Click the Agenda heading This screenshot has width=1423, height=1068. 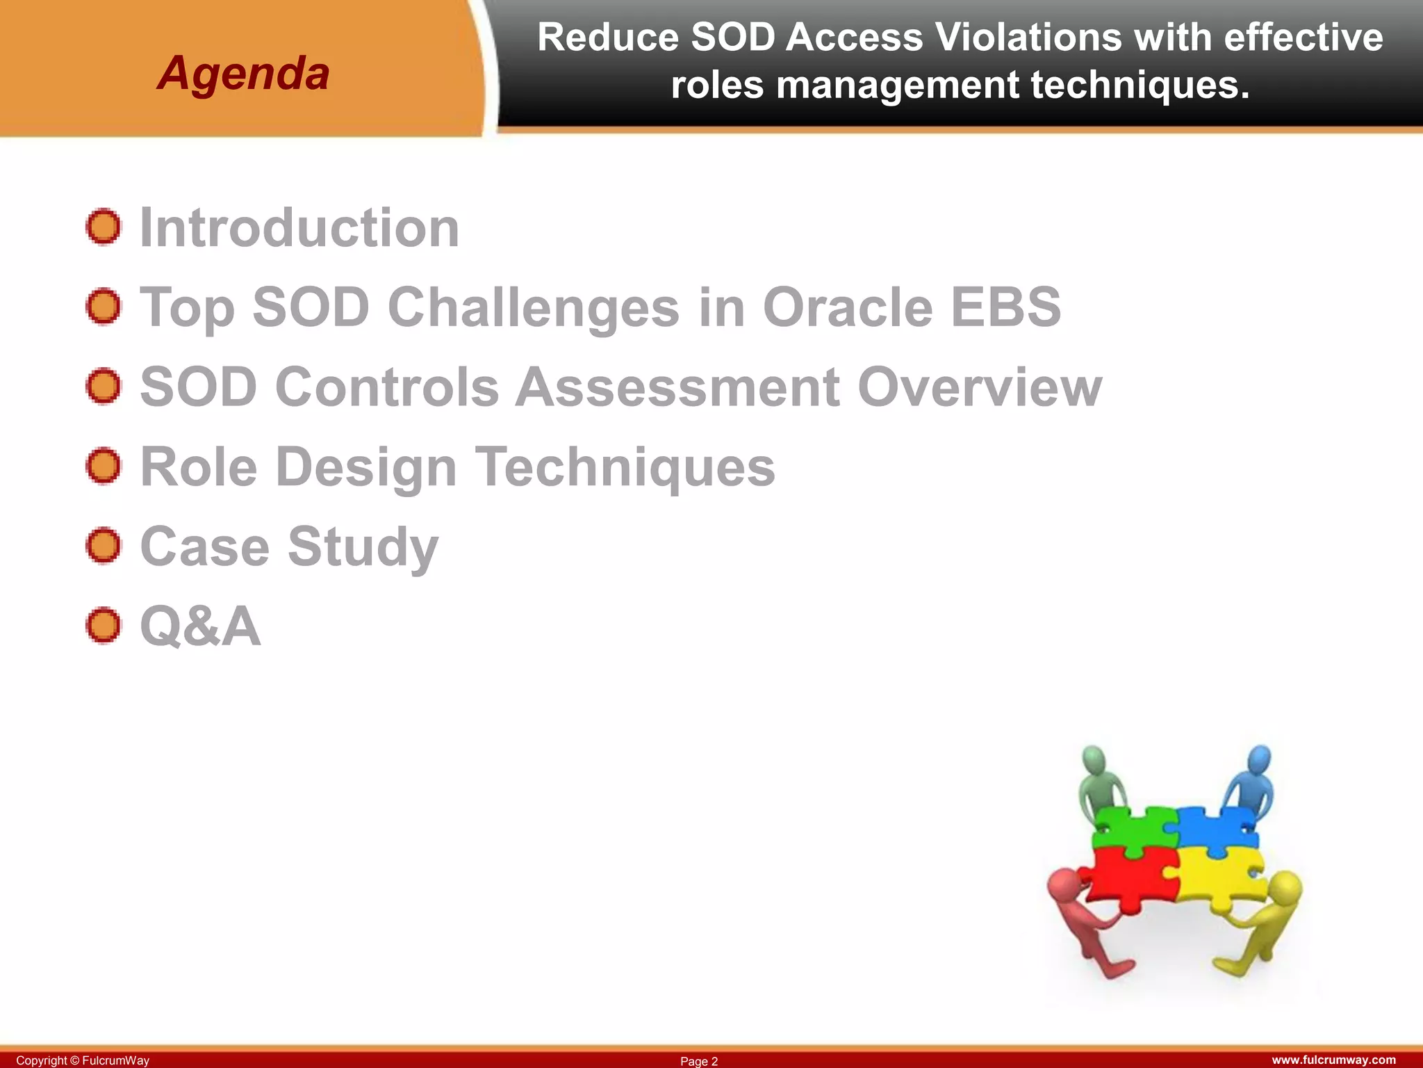pyautogui.click(x=243, y=73)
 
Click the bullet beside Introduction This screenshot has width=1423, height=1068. pyautogui.click(x=104, y=227)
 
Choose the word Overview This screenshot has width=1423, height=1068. pyautogui.click(x=980, y=387)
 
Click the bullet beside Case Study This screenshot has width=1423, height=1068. pyautogui.click(x=104, y=546)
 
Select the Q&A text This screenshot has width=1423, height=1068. pyautogui.click(x=200, y=626)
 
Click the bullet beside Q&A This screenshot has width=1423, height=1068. pyautogui.click(x=104, y=625)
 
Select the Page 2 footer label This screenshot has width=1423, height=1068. pyautogui.click(x=699, y=1061)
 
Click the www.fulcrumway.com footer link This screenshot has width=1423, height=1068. pyautogui.click(x=1333, y=1060)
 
